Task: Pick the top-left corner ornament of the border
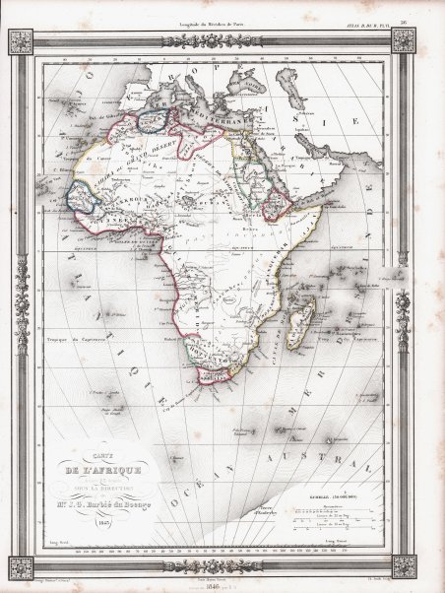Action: coord(20,40)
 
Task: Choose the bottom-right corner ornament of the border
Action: coord(403,565)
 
